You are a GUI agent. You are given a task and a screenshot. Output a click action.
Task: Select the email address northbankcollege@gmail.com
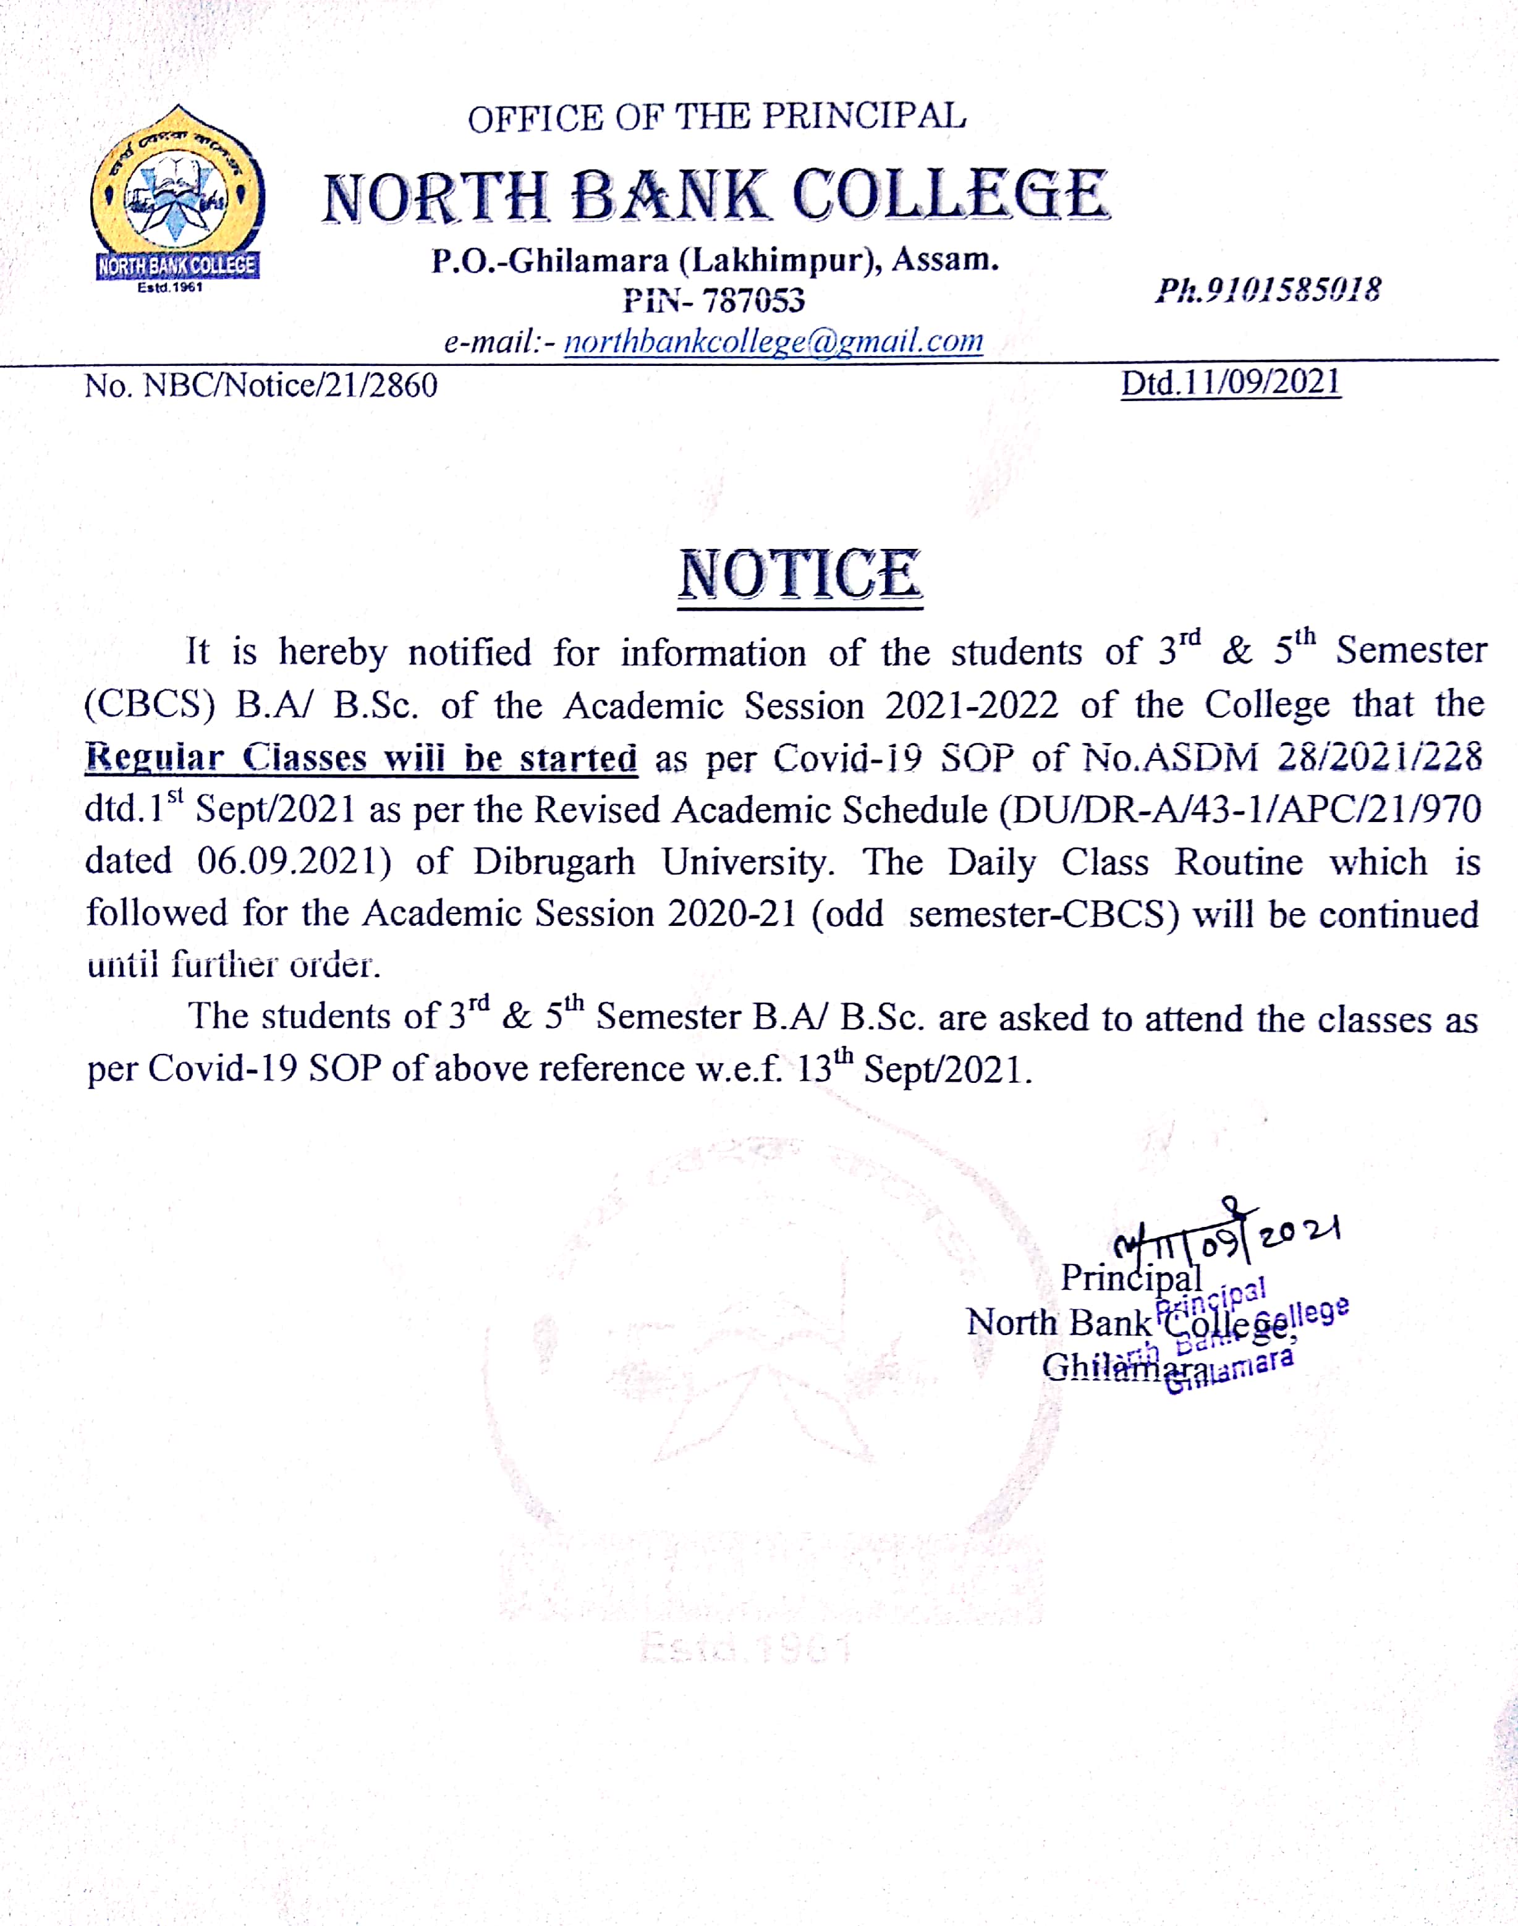[x=773, y=341]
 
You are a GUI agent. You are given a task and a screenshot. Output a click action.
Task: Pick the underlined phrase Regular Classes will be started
[x=361, y=758]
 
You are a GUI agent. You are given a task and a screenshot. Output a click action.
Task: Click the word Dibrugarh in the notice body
[x=554, y=862]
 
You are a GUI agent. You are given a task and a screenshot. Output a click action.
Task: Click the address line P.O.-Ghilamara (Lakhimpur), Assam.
[x=716, y=260]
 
